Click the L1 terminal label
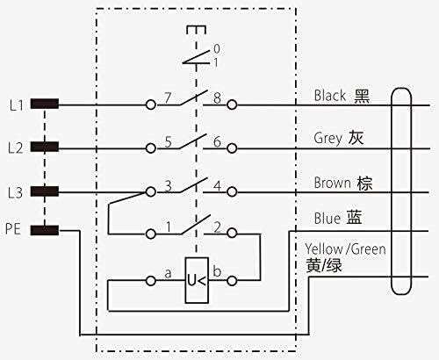(x=17, y=105)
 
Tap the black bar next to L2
(x=45, y=147)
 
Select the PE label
(x=13, y=228)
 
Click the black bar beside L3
(x=45, y=191)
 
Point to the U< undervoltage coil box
(x=197, y=280)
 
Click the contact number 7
(x=168, y=98)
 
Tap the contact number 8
(x=217, y=98)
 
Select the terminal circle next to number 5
(x=151, y=148)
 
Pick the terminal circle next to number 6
(x=232, y=148)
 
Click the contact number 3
(x=168, y=186)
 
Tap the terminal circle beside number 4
(x=232, y=191)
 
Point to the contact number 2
(x=217, y=227)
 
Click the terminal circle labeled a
(x=151, y=281)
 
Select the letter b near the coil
(x=217, y=271)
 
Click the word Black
(x=330, y=96)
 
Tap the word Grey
(x=327, y=138)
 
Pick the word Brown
(x=332, y=183)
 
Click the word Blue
(x=327, y=218)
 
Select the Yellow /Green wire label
(x=345, y=249)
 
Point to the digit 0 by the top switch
(x=217, y=49)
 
